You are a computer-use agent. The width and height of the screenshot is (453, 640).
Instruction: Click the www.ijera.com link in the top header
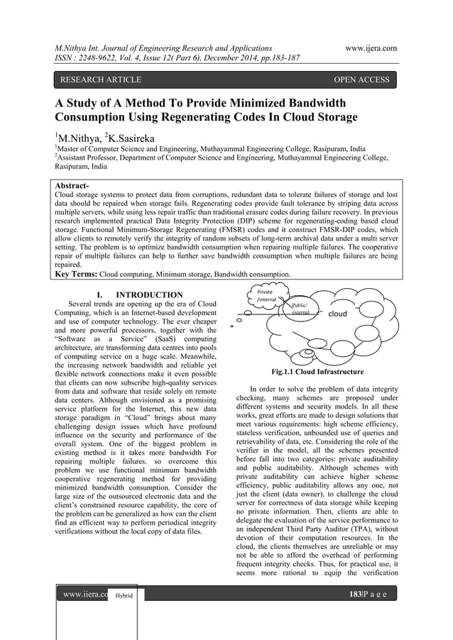[369, 48]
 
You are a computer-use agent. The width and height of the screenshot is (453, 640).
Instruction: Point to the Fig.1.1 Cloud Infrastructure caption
[317, 372]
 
